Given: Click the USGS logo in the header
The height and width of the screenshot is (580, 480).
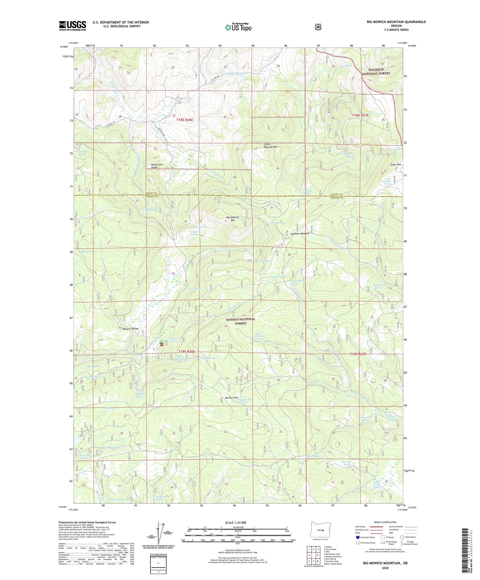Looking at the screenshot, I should [x=72, y=26].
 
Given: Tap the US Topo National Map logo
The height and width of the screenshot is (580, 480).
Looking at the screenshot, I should [x=238, y=27].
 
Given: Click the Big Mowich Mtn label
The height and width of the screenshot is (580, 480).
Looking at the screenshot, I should [x=233, y=219].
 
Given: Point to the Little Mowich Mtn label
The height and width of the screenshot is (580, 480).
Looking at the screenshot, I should [x=270, y=146].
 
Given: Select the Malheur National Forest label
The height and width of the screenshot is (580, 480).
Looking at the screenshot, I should [x=376, y=71].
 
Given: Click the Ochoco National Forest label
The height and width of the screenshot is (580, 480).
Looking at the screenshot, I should [x=241, y=321].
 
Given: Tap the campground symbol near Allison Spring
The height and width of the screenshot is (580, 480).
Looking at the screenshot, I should [x=162, y=345].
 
